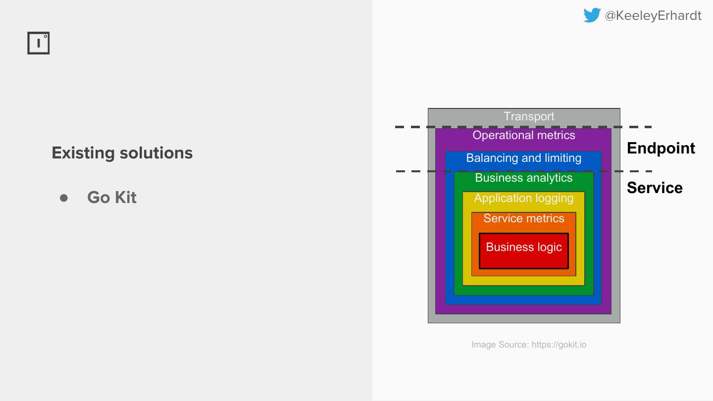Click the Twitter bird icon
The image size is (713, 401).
pos(592,15)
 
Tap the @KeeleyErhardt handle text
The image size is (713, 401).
pos(653,16)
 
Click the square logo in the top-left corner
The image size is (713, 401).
pos(39,44)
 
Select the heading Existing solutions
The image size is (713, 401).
pos(122,153)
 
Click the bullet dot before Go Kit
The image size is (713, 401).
pos(64,198)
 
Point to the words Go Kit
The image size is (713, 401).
pos(112,198)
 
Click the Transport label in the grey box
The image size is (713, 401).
pos(529,116)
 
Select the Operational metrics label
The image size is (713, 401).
pos(524,135)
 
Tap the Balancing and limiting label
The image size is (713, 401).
pos(524,158)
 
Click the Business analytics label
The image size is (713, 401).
pos(524,178)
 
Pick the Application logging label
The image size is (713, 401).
pos(524,199)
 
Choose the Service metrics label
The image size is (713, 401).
pos(524,218)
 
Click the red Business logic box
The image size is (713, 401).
pos(524,251)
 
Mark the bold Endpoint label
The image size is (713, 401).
pos(661,148)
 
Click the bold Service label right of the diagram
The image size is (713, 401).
pos(655,188)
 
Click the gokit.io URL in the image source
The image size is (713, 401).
pos(559,345)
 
